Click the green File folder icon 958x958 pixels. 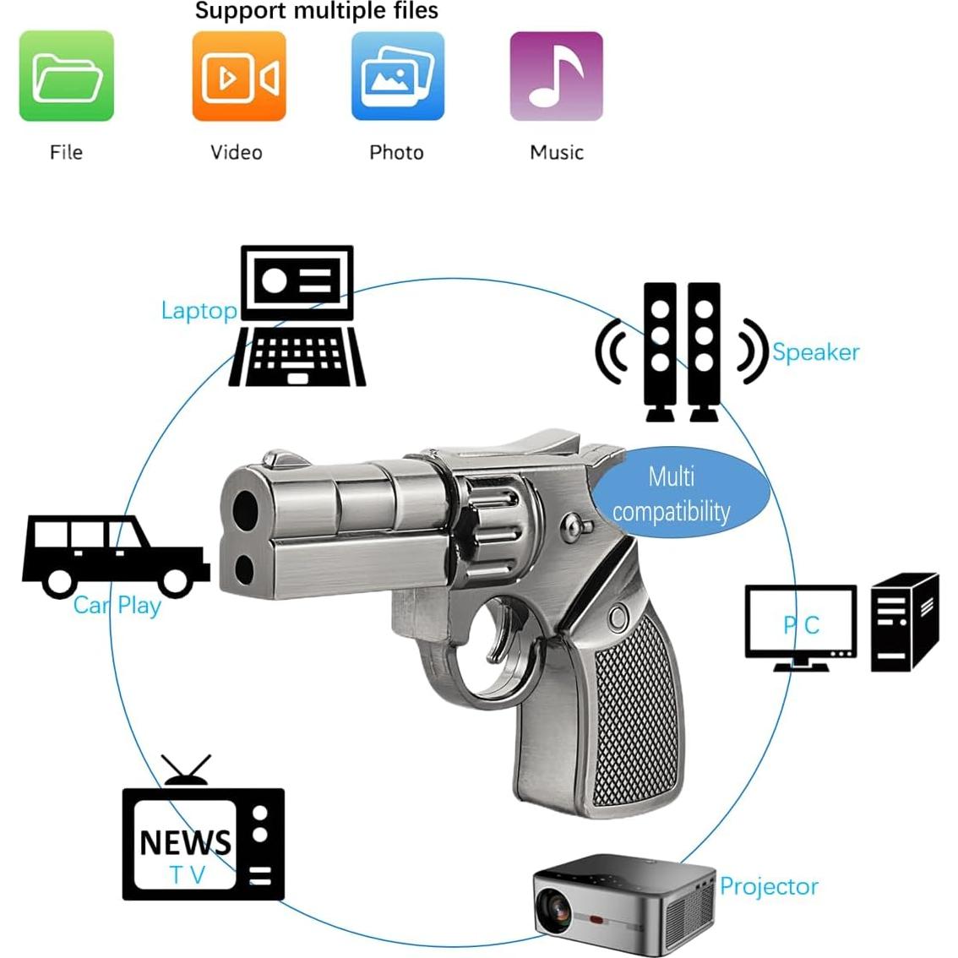66,76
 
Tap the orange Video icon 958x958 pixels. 238,76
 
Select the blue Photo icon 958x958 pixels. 397,76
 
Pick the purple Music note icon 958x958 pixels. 556,76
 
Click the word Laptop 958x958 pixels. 199,311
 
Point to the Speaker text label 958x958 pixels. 815,352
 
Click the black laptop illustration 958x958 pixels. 297,317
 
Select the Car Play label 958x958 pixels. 117,605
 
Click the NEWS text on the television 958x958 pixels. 185,842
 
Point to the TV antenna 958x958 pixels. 186,769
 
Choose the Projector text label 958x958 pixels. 769,886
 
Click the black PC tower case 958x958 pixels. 904,621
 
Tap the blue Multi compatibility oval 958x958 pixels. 676,494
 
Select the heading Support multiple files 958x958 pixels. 317,11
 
